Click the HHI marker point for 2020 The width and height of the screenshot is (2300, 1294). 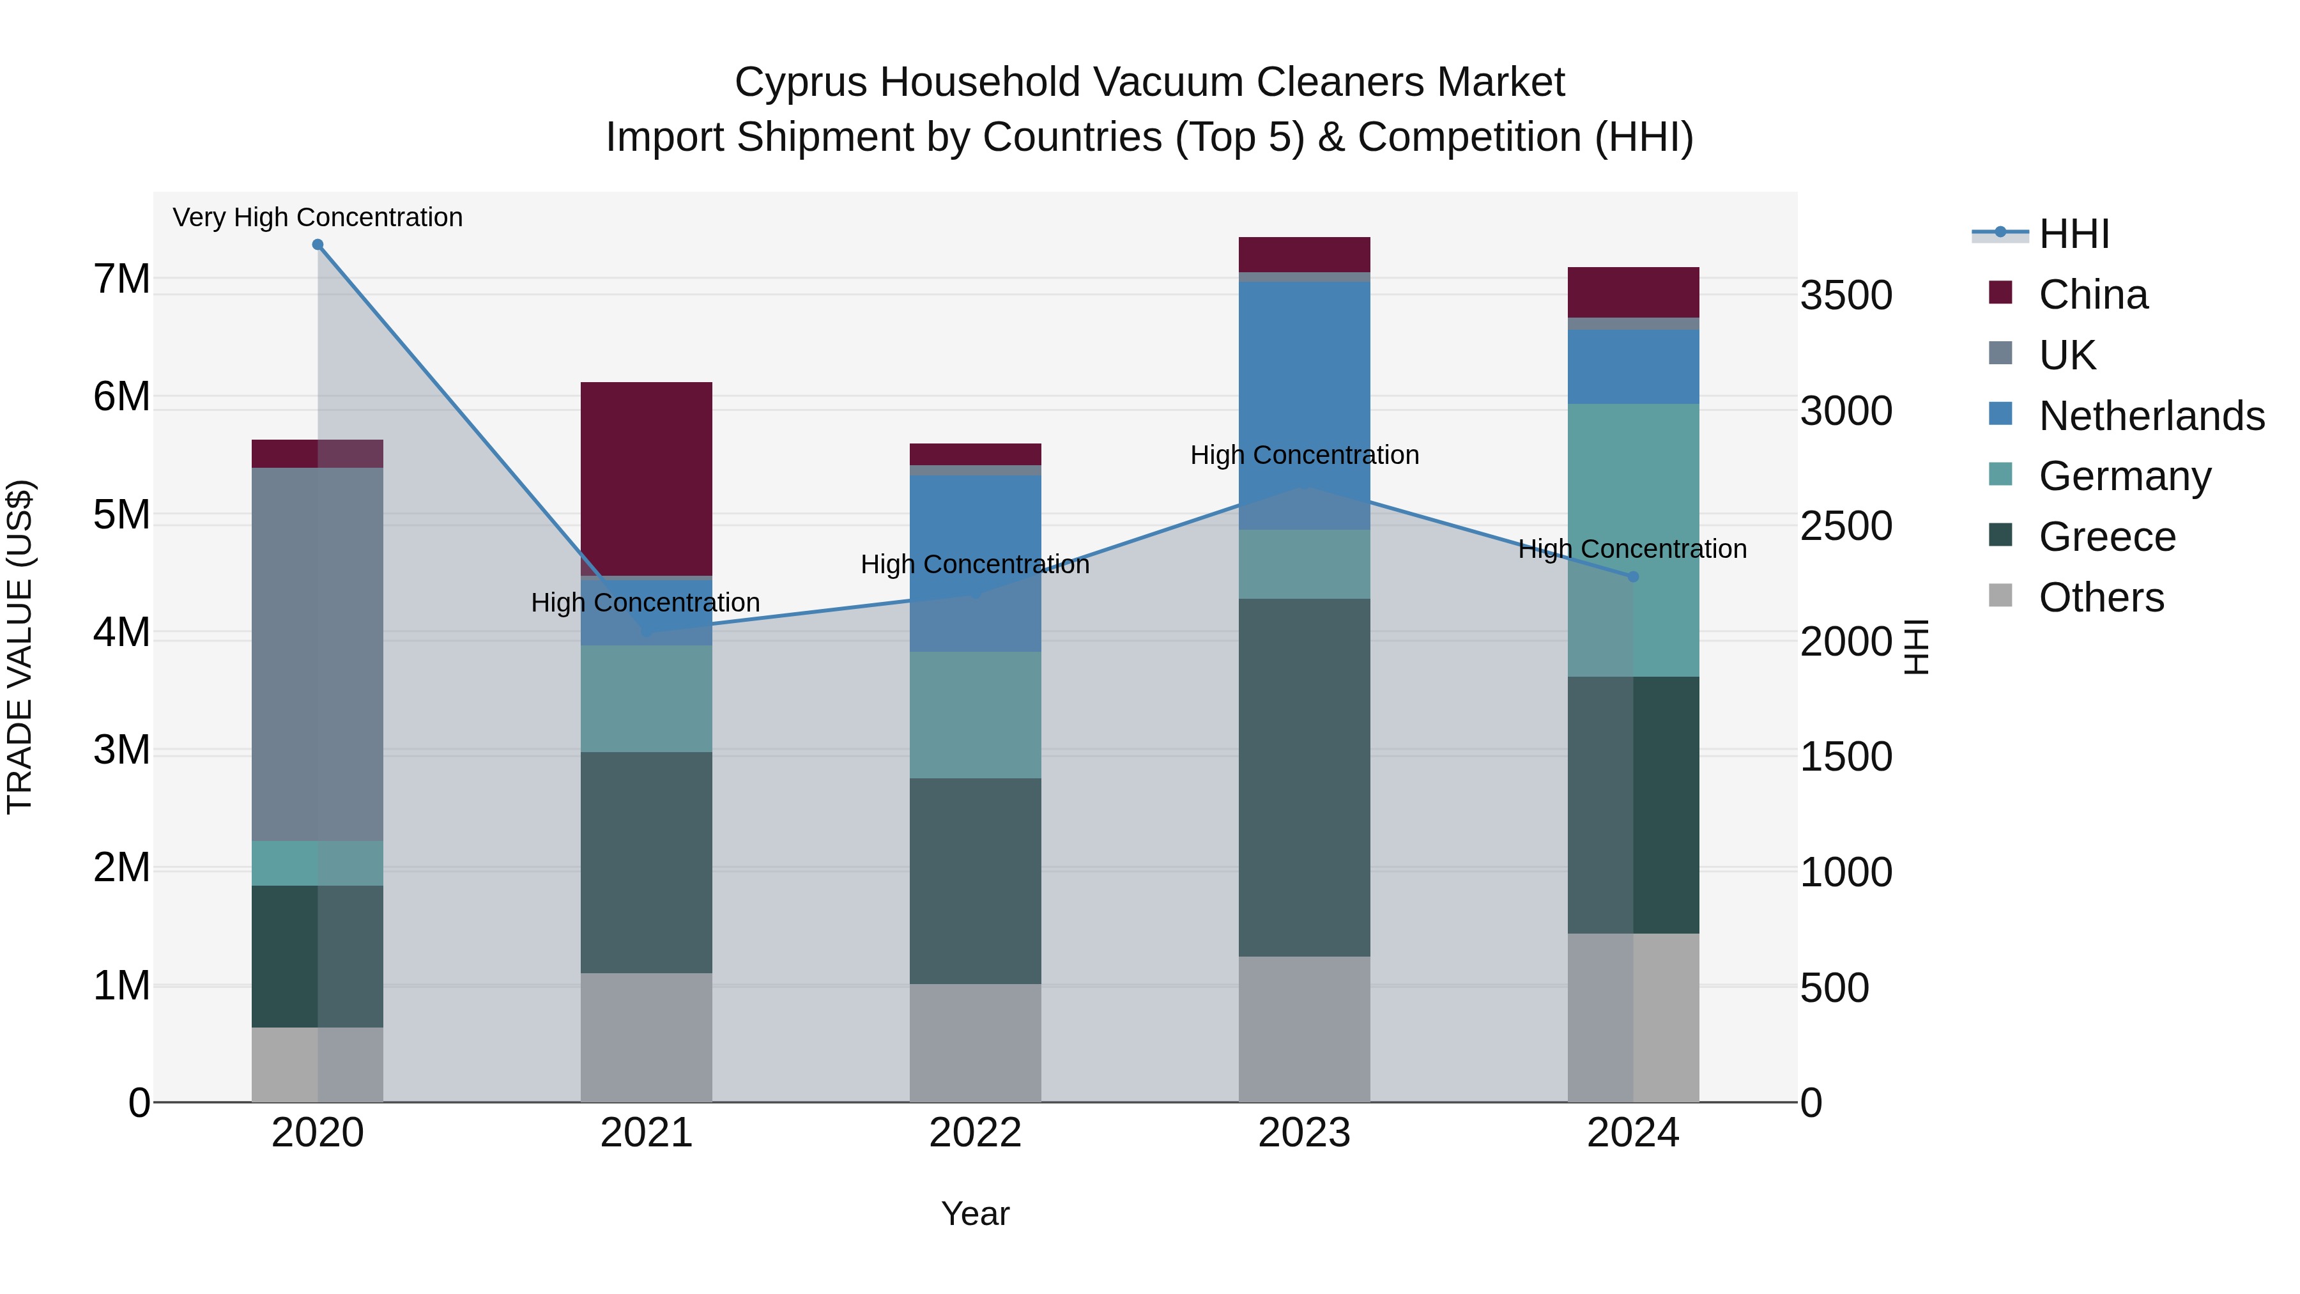pyautogui.click(x=318, y=245)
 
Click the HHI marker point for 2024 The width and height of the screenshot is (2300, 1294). pyautogui.click(x=1633, y=577)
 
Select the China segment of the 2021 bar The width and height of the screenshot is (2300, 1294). pyautogui.click(x=647, y=479)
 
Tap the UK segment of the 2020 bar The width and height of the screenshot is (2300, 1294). pyautogui.click(x=318, y=654)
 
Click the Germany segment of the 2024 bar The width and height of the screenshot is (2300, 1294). pyautogui.click(x=1633, y=540)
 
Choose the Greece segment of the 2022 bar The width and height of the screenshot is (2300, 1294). pyautogui.click(x=975, y=881)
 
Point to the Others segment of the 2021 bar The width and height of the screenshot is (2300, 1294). pyautogui.click(x=647, y=1037)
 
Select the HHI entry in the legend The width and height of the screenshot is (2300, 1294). pyautogui.click(x=2073, y=234)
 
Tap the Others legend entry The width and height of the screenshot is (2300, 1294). pyautogui.click(x=2101, y=597)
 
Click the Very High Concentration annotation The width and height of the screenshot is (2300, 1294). pyautogui.click(x=318, y=218)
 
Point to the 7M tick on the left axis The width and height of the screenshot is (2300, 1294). pyautogui.click(x=121, y=279)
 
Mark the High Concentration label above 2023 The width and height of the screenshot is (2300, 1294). pyautogui.click(x=1305, y=456)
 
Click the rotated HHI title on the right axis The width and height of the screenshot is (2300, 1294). pyautogui.click(x=1916, y=647)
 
